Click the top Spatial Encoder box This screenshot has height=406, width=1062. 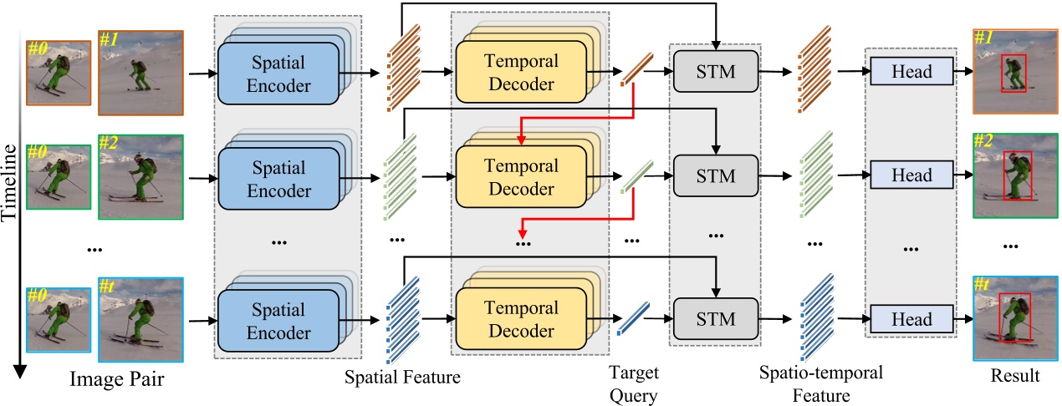click(278, 74)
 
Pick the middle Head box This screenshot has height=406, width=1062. click(911, 175)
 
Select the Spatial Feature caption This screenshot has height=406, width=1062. click(403, 378)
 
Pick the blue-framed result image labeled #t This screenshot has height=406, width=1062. click(1013, 316)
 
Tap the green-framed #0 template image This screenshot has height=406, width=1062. click(58, 176)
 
